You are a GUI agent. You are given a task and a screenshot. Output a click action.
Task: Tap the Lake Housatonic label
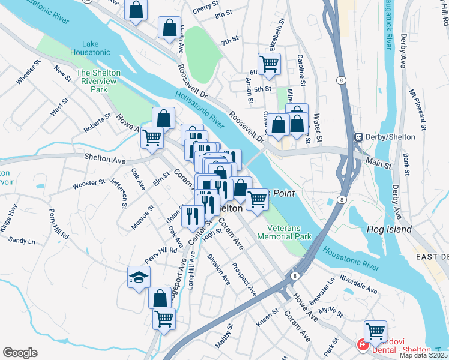click(x=99, y=48)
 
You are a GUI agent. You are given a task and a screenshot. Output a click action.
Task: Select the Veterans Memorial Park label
click(x=284, y=232)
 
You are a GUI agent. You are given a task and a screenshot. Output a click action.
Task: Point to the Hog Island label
click(x=389, y=229)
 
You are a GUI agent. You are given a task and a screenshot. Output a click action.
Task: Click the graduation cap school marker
click(x=139, y=277)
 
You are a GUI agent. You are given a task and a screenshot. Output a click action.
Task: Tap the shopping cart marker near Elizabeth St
click(x=269, y=63)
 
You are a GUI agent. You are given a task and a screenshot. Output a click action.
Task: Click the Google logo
click(x=20, y=353)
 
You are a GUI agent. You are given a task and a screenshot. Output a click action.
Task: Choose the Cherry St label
click(x=203, y=11)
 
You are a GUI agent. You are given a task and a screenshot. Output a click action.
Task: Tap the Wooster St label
click(x=89, y=182)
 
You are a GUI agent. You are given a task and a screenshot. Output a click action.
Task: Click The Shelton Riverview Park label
click(x=99, y=81)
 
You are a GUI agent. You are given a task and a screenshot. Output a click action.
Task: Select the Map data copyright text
click(x=424, y=355)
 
